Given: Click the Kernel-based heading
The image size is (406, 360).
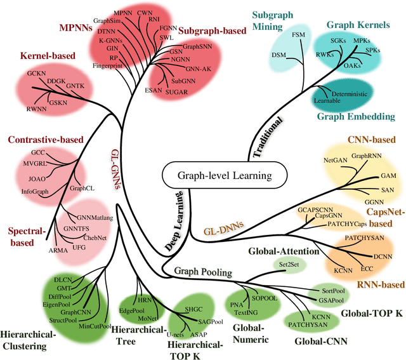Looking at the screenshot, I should coord(48,55).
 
